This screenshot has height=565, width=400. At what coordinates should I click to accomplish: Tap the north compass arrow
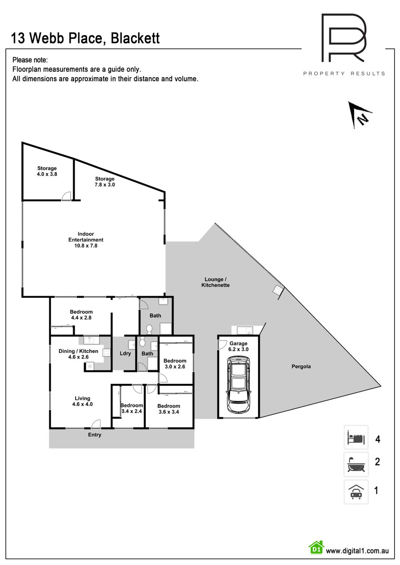(x=358, y=115)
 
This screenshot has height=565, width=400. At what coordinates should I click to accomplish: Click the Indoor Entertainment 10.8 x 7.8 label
(x=86, y=240)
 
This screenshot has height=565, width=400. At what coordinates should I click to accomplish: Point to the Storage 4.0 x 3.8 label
(x=47, y=171)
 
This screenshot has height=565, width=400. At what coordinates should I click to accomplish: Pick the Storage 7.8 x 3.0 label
(x=105, y=182)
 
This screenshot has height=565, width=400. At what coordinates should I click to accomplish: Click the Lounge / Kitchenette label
(x=216, y=282)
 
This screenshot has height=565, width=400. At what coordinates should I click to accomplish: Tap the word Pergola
(x=301, y=367)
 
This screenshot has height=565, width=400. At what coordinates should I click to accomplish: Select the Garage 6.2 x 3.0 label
(x=238, y=346)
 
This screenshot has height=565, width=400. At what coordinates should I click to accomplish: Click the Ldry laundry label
(x=125, y=353)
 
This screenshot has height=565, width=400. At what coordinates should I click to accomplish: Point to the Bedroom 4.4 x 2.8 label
(x=81, y=315)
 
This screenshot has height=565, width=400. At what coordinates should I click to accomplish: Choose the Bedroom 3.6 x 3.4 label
(x=169, y=409)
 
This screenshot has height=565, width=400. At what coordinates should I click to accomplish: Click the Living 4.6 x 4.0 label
(x=83, y=401)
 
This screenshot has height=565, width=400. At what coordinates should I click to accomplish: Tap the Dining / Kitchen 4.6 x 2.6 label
(x=78, y=354)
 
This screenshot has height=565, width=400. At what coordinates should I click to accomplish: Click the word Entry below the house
(x=95, y=435)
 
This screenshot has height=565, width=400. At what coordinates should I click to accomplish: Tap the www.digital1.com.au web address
(x=357, y=551)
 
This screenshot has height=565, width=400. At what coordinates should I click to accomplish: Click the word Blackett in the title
(x=135, y=38)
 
